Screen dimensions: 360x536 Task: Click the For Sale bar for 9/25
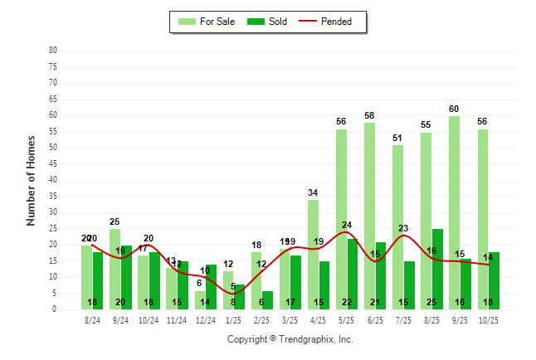pyautogui.click(x=454, y=212)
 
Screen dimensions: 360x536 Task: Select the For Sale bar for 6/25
pyautogui.click(x=369, y=216)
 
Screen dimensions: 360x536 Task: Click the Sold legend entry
pyautogui.click(x=268, y=22)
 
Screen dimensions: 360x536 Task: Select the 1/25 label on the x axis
pyautogui.click(x=234, y=319)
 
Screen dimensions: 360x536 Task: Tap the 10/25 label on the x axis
pyautogui.click(x=488, y=319)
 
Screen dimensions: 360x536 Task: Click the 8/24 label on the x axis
pyautogui.click(x=93, y=319)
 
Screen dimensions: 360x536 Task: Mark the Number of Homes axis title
pyautogui.click(x=32, y=180)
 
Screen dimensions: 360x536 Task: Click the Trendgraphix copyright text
pyautogui.click(x=290, y=339)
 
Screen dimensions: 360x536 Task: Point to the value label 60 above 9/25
pyautogui.click(x=454, y=109)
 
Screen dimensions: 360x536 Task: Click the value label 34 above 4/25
pyautogui.click(x=313, y=193)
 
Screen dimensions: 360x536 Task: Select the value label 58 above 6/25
pyautogui.click(x=369, y=115)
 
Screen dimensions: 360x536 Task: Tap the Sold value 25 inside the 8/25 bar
pyautogui.click(x=437, y=302)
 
